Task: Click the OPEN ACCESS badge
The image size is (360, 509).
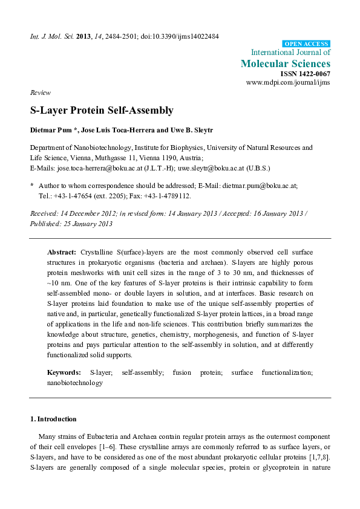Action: click(306, 44)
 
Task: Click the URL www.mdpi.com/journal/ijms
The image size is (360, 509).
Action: click(288, 82)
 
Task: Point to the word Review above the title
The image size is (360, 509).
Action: click(40, 92)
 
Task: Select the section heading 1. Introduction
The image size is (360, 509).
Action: click(53, 419)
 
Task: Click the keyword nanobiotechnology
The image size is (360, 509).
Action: click(75, 383)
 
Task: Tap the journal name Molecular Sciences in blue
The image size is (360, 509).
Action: click(286, 63)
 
